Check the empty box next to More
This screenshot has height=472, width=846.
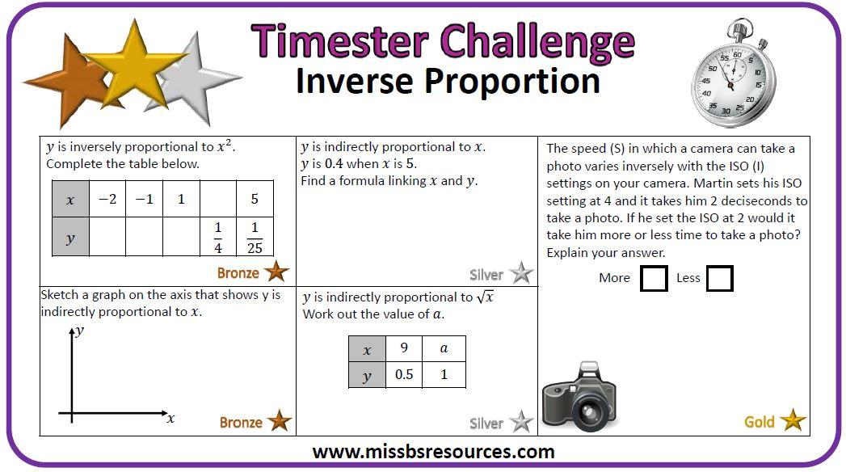(654, 278)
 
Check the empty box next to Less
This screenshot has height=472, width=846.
(719, 278)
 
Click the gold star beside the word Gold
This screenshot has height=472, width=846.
(793, 421)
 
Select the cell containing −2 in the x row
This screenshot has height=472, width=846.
(107, 199)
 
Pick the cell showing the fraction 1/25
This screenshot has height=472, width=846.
(255, 237)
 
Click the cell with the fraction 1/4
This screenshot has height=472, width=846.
(218, 237)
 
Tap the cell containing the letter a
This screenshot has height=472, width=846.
(443, 349)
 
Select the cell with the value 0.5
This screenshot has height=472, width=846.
(404, 375)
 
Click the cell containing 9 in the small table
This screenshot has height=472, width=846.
(404, 349)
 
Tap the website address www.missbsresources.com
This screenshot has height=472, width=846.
(433, 452)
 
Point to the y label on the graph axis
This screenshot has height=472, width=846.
(79, 331)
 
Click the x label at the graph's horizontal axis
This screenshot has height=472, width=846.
(170, 419)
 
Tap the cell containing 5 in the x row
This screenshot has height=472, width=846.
(255, 199)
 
